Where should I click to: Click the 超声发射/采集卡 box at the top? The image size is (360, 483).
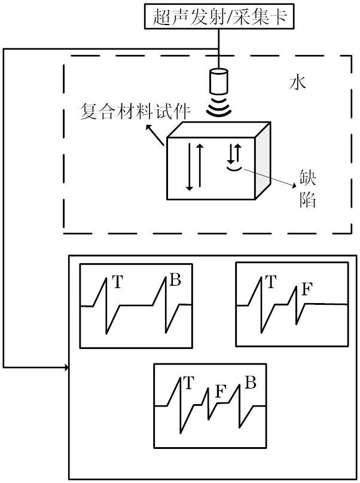[219, 16]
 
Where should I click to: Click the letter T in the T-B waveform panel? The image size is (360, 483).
[117, 282]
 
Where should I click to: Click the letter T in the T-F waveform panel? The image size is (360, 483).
[270, 282]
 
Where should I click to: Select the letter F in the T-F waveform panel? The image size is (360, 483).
[306, 290]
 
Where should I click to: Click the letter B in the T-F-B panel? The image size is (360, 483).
[251, 382]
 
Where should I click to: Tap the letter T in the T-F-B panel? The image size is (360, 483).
[189, 382]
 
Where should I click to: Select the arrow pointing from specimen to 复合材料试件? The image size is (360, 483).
[156, 137]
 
